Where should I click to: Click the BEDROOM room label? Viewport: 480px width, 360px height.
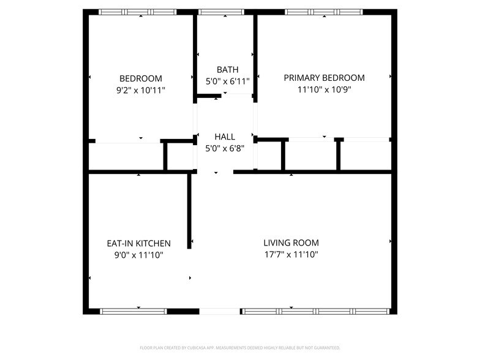(x=141, y=78)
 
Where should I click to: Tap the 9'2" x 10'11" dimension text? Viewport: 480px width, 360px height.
(x=141, y=90)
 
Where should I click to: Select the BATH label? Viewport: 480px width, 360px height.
(x=228, y=70)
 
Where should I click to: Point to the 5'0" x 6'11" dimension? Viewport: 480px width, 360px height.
(x=228, y=81)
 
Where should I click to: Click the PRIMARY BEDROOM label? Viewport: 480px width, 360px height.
(x=324, y=78)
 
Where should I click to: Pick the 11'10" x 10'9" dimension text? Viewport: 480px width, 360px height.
(x=324, y=89)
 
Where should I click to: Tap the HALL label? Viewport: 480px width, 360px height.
(x=225, y=137)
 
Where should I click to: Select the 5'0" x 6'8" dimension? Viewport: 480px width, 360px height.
(x=225, y=148)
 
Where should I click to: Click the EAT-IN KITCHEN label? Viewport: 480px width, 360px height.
(x=138, y=244)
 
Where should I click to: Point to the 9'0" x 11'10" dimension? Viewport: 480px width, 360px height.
(x=138, y=255)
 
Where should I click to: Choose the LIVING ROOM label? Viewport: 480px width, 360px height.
(x=291, y=243)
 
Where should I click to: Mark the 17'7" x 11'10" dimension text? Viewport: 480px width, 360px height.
(x=291, y=255)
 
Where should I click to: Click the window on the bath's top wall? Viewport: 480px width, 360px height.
(x=222, y=12)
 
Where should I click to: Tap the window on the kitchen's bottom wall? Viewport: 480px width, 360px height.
(x=133, y=311)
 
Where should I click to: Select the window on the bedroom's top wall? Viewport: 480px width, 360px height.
(x=138, y=12)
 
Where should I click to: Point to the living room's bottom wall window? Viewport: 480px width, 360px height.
(x=317, y=311)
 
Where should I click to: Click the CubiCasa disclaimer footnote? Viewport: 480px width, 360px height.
(x=239, y=348)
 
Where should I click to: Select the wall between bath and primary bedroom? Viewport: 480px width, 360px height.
(x=255, y=55)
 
